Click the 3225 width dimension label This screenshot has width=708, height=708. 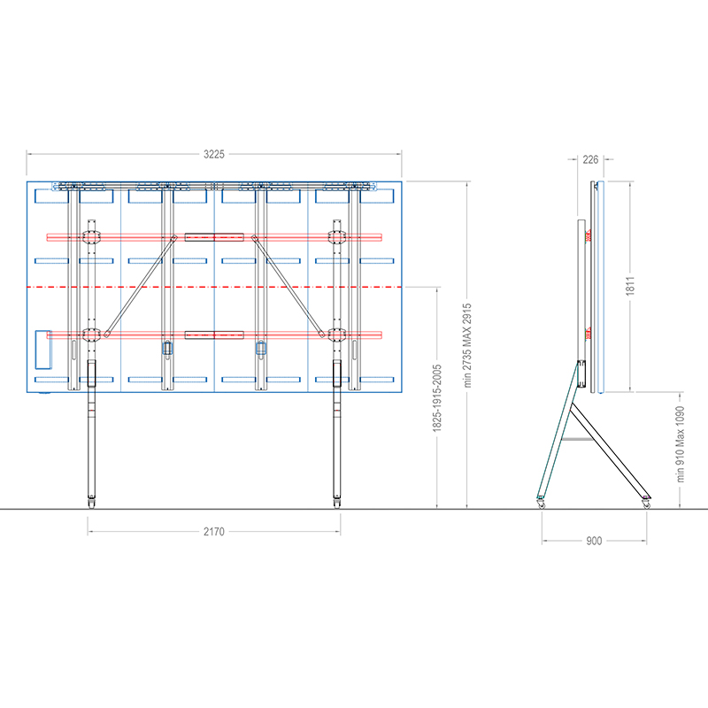pyautogui.click(x=213, y=154)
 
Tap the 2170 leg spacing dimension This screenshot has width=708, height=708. pyautogui.click(x=213, y=532)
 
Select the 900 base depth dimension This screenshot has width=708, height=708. pyautogui.click(x=594, y=541)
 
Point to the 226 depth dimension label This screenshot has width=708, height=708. pyautogui.click(x=590, y=159)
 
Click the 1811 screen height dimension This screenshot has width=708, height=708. pyautogui.click(x=630, y=286)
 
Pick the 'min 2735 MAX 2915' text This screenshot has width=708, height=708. pyautogui.click(x=467, y=345)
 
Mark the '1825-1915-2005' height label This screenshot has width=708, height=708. pyautogui.click(x=437, y=398)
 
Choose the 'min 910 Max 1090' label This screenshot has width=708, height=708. pyautogui.click(x=680, y=444)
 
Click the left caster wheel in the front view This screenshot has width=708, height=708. pyautogui.click(x=92, y=502)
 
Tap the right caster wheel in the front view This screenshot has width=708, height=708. pyautogui.click(x=337, y=502)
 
